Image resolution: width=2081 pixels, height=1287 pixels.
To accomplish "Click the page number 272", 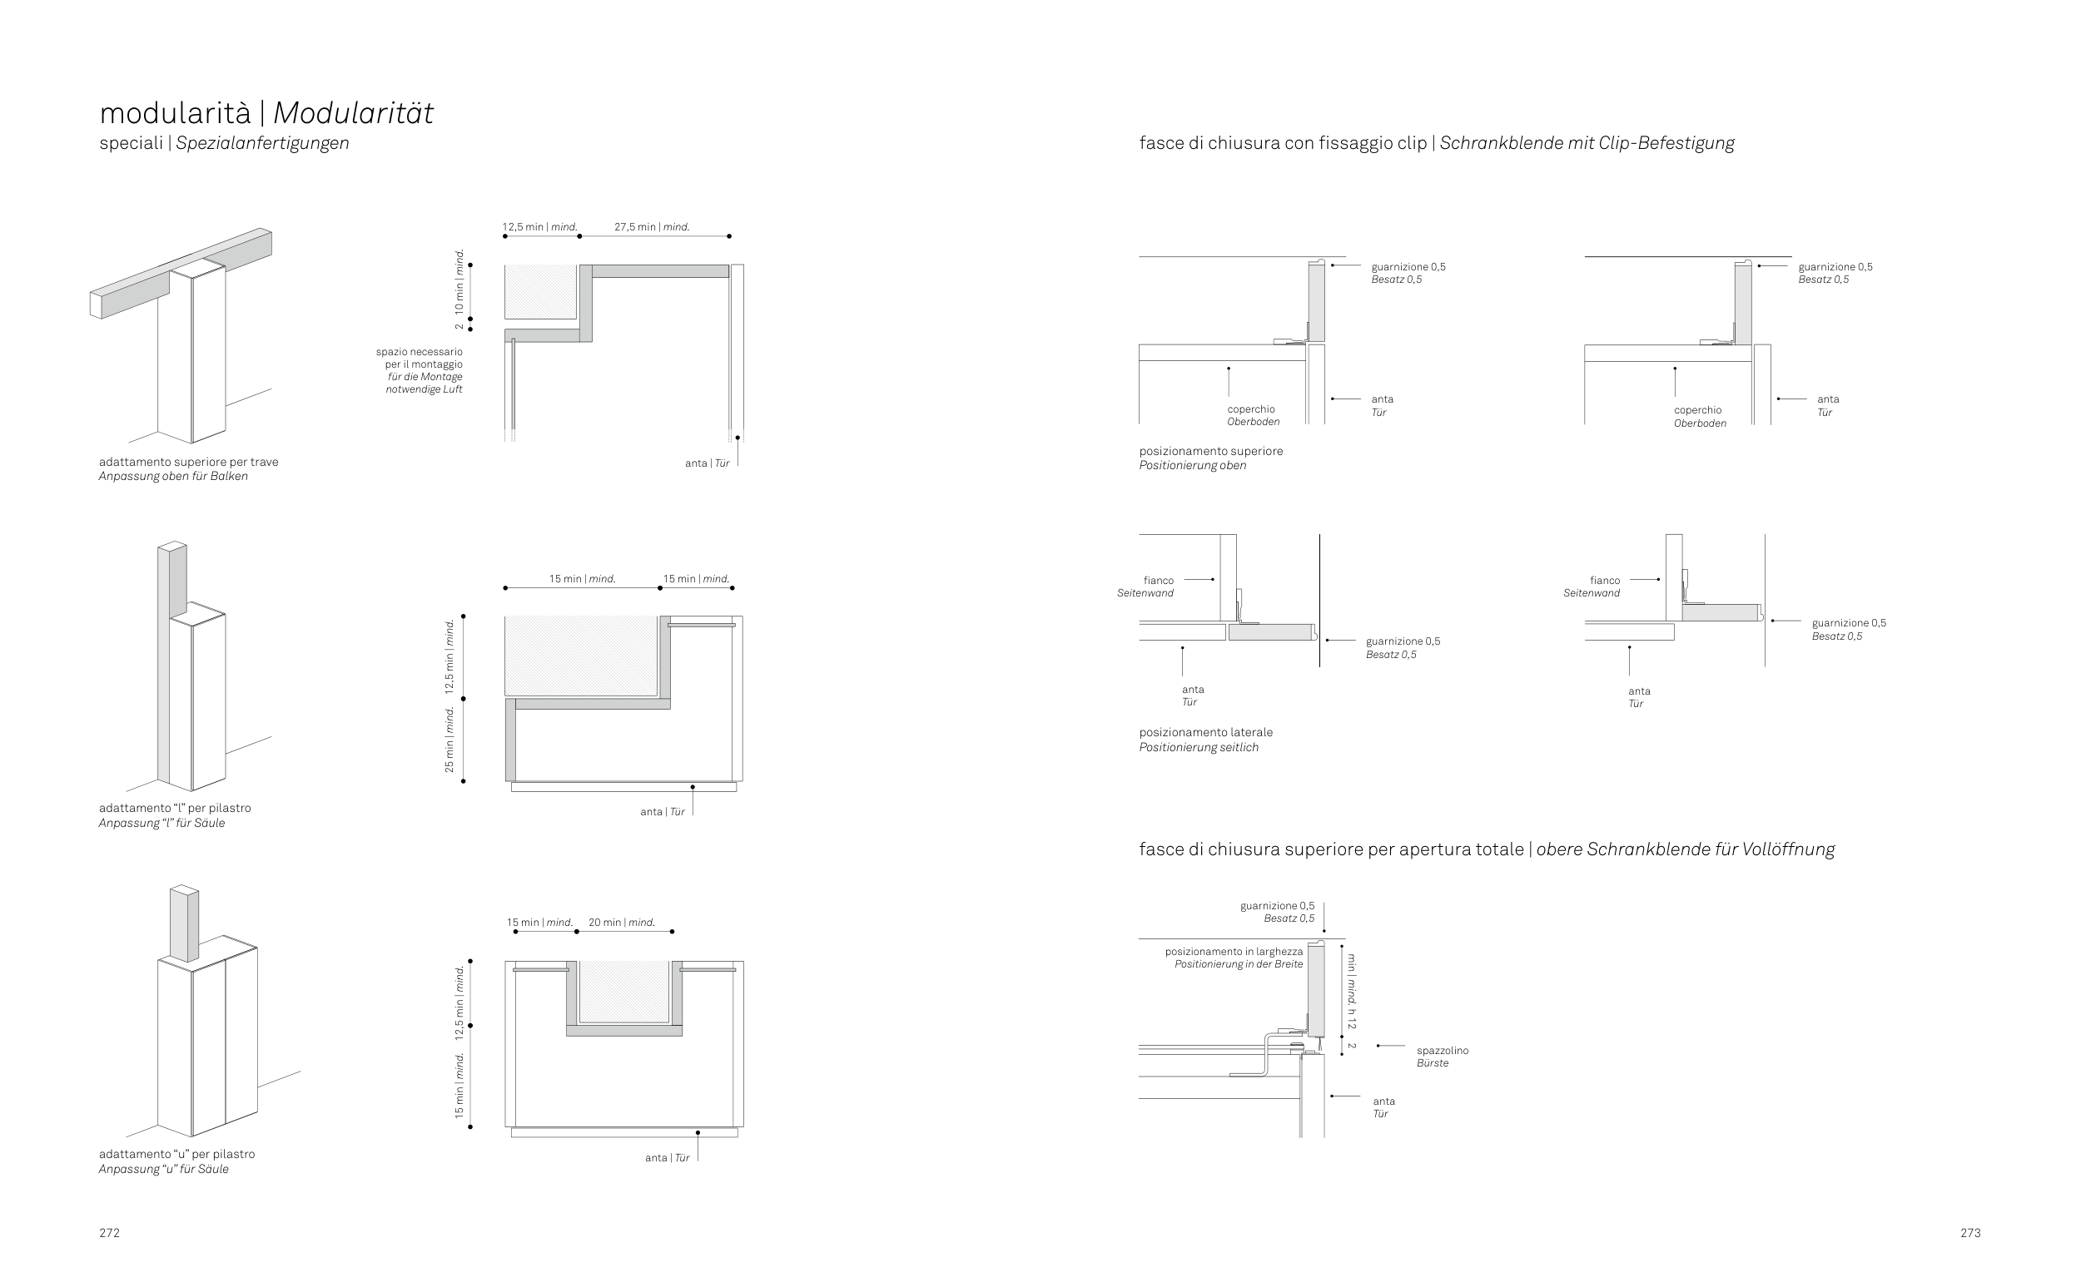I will pyautogui.click(x=109, y=1233).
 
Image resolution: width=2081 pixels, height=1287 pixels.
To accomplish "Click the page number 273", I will pyautogui.click(x=1970, y=1233).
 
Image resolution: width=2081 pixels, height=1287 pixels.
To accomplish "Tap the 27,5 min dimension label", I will pyautogui.click(x=652, y=227).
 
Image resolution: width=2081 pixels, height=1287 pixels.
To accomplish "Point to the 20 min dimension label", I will pyautogui.click(x=622, y=922).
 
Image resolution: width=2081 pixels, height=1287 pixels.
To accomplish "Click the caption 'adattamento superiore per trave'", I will pyautogui.click(x=188, y=462).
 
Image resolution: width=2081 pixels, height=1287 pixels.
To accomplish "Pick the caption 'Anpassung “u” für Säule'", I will pyautogui.click(x=163, y=1169).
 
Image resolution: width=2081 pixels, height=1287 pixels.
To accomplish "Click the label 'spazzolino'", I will pyautogui.click(x=1443, y=1051).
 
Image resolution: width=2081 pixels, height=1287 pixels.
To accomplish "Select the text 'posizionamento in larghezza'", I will pyautogui.click(x=1234, y=952).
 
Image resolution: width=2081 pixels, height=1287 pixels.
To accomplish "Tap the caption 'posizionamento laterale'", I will pyautogui.click(x=1205, y=732).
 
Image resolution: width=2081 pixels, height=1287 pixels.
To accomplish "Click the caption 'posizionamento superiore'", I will pyautogui.click(x=1211, y=451).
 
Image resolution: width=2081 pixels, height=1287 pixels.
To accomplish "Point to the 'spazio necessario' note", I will pyautogui.click(x=420, y=352).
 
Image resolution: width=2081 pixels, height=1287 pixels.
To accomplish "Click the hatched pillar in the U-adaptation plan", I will pyautogui.click(x=624, y=991).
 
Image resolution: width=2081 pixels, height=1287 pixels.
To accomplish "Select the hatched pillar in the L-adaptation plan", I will pyautogui.click(x=581, y=656).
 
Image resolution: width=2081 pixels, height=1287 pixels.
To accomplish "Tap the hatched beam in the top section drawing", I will pyautogui.click(x=541, y=291).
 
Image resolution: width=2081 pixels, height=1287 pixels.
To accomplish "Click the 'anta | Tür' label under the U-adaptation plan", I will pyautogui.click(x=667, y=1157).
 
